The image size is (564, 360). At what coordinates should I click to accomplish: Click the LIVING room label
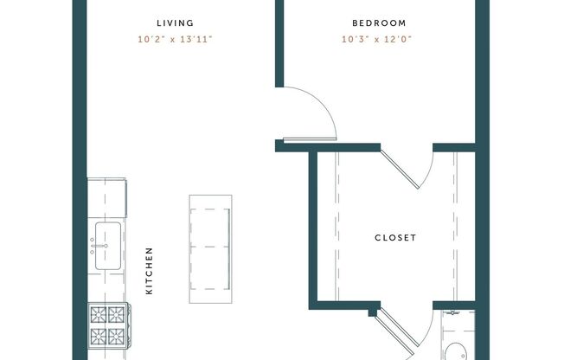pos(176,23)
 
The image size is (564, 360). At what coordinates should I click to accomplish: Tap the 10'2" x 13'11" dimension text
pos(176,38)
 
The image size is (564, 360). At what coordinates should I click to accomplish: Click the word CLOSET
pos(395,238)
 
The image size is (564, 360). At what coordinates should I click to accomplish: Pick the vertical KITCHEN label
pos(149,271)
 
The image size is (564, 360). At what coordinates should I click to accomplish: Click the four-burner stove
pos(106,325)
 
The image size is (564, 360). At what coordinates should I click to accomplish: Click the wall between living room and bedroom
pos(279,43)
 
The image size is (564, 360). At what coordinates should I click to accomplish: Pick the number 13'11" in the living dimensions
pos(196,38)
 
